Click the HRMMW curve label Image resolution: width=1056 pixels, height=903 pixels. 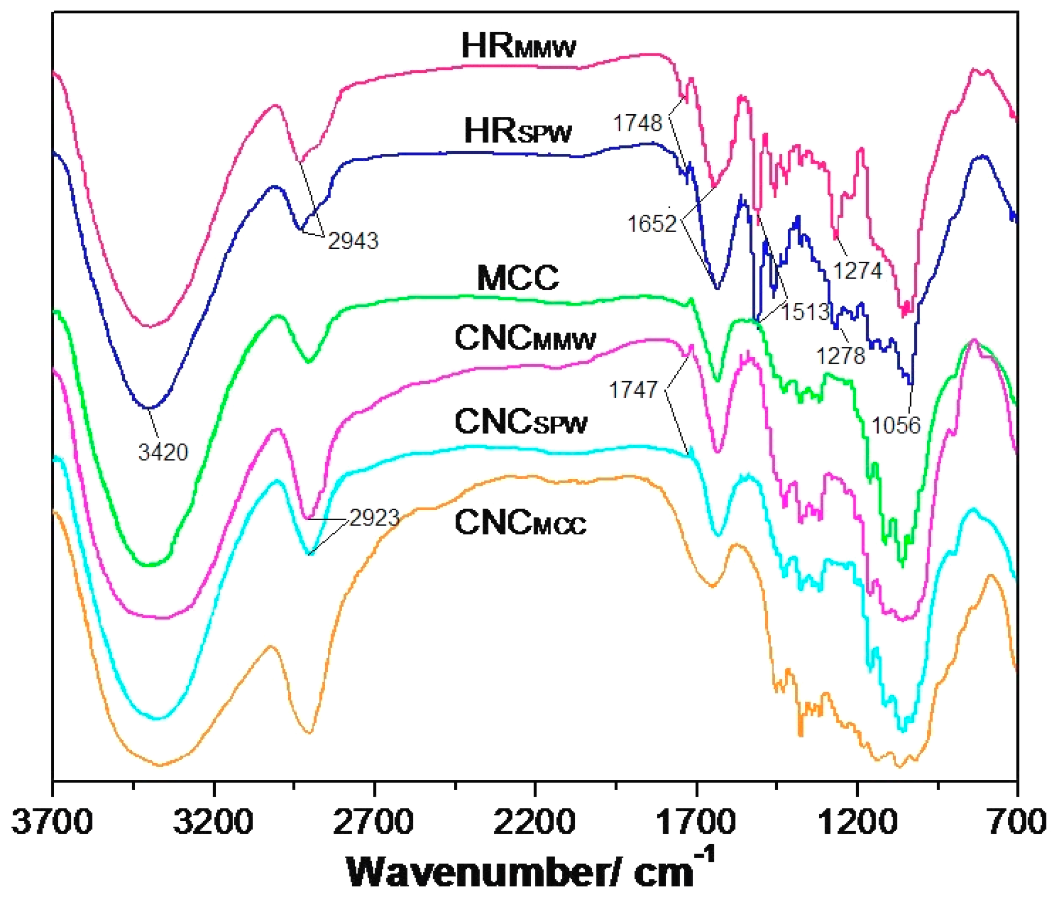[518, 47]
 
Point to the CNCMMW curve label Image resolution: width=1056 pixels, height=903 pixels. [525, 338]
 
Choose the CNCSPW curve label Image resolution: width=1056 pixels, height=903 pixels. [521, 422]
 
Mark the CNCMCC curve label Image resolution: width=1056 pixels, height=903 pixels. [520, 523]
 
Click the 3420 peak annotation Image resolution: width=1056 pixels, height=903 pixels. [163, 453]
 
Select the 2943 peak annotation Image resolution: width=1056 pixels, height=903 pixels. [353, 241]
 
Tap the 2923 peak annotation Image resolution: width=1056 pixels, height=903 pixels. [374, 518]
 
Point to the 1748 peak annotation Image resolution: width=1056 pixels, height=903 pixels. [637, 123]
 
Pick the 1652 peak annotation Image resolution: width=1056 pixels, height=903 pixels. [651, 224]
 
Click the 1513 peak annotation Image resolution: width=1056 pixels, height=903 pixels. [805, 312]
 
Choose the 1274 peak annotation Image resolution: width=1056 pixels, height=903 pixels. [858, 271]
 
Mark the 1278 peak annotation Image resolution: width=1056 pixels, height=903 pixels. [841, 356]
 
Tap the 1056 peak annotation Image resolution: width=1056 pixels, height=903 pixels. [896, 425]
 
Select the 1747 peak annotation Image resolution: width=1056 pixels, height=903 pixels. [633, 390]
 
